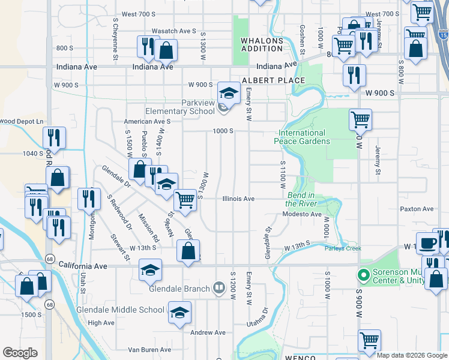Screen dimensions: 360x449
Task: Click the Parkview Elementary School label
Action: (180, 107)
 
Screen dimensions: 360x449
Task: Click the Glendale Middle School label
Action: (120, 310)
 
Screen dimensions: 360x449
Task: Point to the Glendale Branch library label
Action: (178, 289)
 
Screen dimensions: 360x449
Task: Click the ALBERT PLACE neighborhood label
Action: (265, 80)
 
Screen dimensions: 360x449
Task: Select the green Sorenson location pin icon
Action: (363, 275)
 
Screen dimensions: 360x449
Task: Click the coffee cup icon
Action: (427, 242)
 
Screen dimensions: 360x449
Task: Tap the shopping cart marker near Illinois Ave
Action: (185, 199)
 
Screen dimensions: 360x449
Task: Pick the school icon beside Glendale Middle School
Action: (179, 313)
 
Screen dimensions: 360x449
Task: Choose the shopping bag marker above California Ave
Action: (188, 250)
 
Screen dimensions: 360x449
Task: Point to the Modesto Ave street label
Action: (303, 214)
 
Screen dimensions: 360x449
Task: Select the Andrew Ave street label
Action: (208, 332)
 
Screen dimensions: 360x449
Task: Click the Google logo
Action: (20, 353)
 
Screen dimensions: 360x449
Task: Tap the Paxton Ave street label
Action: (417, 209)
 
